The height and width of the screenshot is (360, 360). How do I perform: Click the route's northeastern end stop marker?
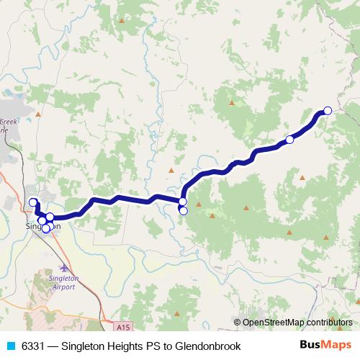point(328,110)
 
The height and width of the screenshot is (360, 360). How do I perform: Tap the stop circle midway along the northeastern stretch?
point(289,140)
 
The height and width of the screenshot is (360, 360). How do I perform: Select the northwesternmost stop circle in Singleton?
point(32,202)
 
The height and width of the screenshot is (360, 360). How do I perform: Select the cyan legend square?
point(10,346)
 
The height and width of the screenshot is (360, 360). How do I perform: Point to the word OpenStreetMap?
point(271,323)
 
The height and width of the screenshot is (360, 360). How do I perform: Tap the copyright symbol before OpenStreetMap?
point(237,323)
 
